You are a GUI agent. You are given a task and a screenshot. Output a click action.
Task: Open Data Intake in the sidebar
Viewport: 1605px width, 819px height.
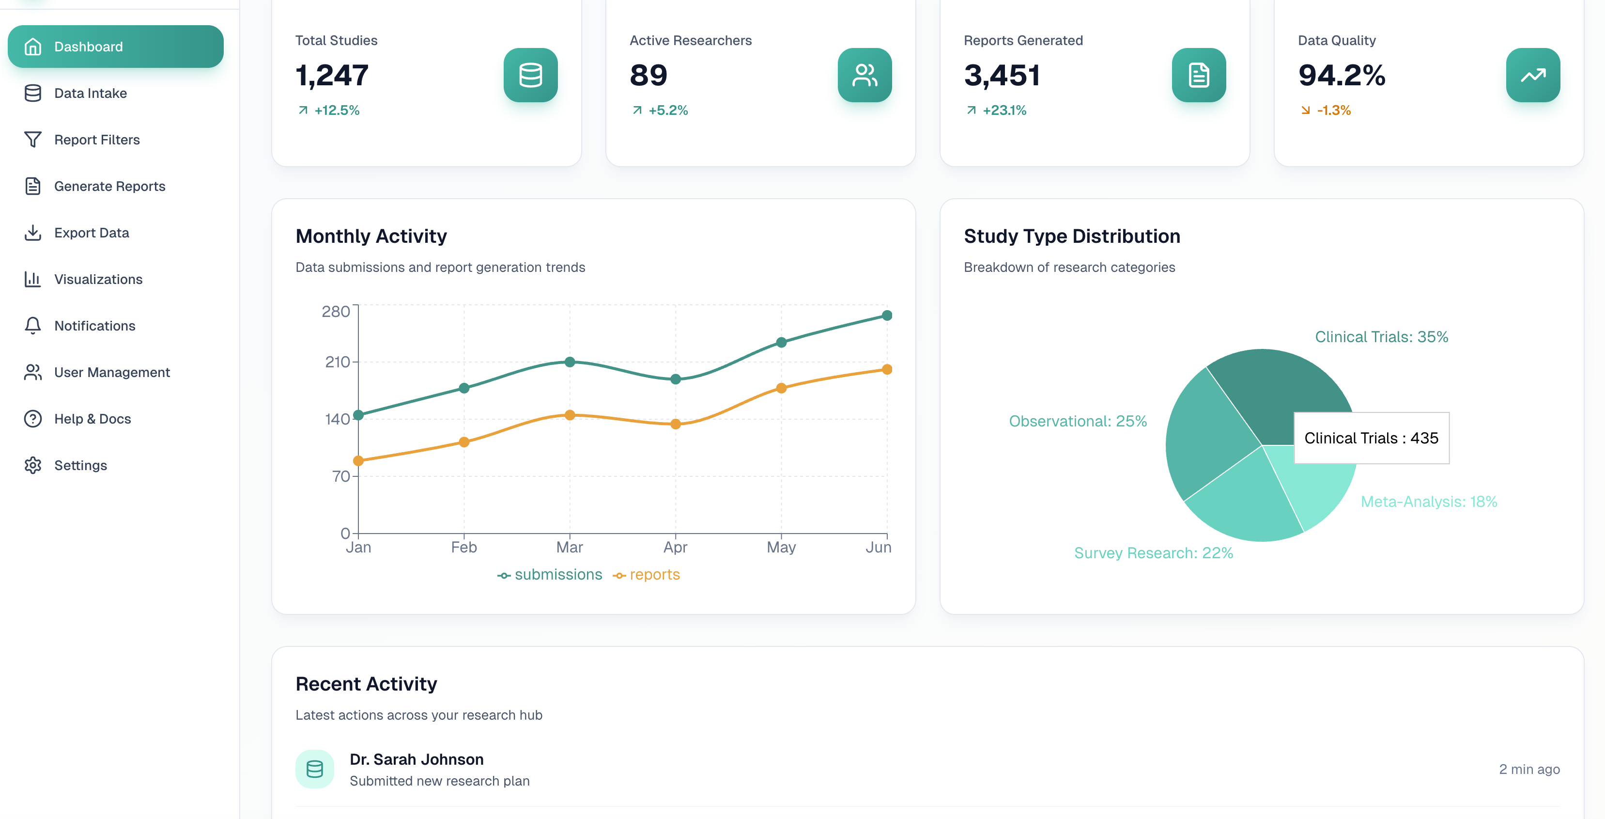click(91, 94)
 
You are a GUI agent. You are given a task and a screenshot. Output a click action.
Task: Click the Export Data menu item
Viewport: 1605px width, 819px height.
click(92, 233)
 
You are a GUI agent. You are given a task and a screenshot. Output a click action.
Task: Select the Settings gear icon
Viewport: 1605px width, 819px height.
click(32, 466)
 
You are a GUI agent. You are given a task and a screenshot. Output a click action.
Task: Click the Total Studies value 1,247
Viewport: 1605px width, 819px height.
click(332, 76)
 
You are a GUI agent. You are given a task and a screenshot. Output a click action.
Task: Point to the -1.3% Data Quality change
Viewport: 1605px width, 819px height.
click(1333, 110)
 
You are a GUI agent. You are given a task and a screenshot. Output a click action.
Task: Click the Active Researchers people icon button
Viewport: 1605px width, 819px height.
click(864, 76)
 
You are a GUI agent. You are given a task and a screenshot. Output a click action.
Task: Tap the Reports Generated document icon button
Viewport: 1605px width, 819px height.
click(1198, 76)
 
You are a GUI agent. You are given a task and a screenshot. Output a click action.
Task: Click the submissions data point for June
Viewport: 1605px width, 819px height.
click(887, 316)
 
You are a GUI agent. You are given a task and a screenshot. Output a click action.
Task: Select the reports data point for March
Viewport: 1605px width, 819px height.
click(570, 415)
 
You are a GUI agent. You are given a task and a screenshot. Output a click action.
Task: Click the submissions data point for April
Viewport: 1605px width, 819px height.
click(676, 379)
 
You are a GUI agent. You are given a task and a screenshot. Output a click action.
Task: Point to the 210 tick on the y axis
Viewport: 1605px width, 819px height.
click(337, 362)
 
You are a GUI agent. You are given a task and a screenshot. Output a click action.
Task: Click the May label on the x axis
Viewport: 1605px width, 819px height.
click(781, 547)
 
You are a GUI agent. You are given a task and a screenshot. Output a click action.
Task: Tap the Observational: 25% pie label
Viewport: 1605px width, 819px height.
click(1077, 421)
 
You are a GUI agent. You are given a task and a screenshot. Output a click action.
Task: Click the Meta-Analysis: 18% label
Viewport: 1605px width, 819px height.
click(1428, 502)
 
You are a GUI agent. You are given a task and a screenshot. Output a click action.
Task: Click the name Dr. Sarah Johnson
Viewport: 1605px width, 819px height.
click(416, 759)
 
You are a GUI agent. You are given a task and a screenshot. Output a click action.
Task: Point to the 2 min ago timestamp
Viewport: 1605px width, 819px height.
click(1528, 769)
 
